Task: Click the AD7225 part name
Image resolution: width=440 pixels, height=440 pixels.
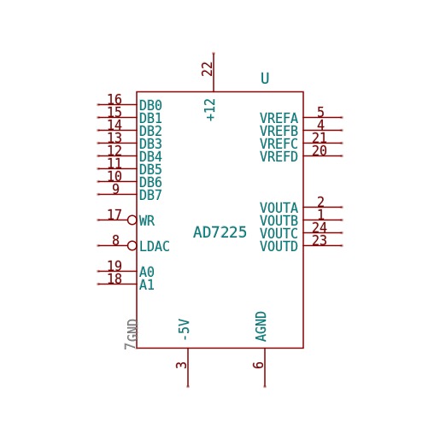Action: (220, 232)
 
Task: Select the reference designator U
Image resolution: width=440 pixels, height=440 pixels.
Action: (265, 78)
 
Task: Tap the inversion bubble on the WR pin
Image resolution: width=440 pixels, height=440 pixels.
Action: (132, 220)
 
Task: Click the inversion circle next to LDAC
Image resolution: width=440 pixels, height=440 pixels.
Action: (132, 245)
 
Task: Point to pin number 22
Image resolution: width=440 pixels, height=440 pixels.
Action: (208, 69)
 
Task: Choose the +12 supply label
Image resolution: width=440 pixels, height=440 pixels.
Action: (210, 110)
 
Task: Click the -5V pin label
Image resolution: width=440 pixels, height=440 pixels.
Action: (184, 330)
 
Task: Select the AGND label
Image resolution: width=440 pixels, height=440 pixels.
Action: (261, 326)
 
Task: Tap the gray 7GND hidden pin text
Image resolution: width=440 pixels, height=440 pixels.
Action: (131, 334)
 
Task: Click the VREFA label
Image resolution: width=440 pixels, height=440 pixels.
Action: (279, 118)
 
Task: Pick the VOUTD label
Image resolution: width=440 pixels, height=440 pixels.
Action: (279, 246)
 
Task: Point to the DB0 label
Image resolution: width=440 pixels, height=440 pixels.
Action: (150, 105)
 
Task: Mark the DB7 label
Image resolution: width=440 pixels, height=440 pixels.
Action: (150, 195)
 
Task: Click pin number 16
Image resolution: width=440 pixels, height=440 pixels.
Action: (114, 99)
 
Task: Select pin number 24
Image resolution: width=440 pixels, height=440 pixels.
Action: (320, 227)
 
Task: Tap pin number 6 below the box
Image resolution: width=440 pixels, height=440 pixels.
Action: (258, 365)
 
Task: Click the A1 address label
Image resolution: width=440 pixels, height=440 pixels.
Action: (147, 285)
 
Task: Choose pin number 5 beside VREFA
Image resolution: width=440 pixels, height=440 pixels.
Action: (320, 112)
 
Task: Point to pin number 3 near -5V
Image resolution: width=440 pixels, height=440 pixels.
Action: (181, 365)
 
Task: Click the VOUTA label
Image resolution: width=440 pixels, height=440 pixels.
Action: (279, 208)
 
